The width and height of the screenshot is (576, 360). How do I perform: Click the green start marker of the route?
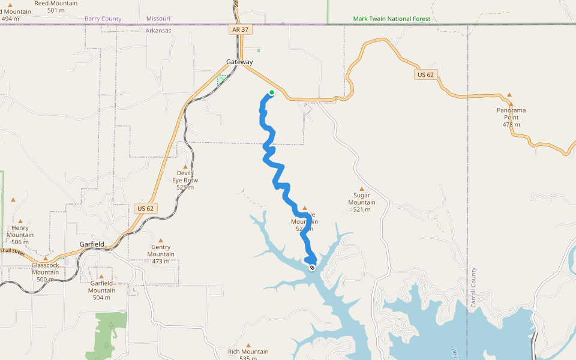(272, 92)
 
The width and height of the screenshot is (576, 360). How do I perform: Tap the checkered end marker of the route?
(311, 268)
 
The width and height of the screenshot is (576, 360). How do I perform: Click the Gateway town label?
(239, 62)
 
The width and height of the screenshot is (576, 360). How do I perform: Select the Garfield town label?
(92, 244)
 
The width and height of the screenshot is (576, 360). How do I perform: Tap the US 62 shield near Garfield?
(146, 208)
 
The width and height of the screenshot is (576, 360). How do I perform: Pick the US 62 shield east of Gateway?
(425, 74)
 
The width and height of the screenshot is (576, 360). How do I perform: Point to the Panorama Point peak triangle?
(509, 95)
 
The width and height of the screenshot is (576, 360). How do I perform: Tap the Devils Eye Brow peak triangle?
(185, 167)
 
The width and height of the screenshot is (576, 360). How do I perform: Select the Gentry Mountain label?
(161, 250)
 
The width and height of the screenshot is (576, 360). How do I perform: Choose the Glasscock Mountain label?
(46, 268)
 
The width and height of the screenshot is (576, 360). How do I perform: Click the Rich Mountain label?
(248, 352)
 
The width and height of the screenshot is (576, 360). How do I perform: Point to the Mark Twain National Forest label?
(391, 19)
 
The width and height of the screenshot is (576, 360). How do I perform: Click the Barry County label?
(103, 19)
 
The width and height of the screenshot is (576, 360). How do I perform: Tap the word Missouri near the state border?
(158, 19)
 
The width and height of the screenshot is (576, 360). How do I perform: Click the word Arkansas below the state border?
(158, 31)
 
